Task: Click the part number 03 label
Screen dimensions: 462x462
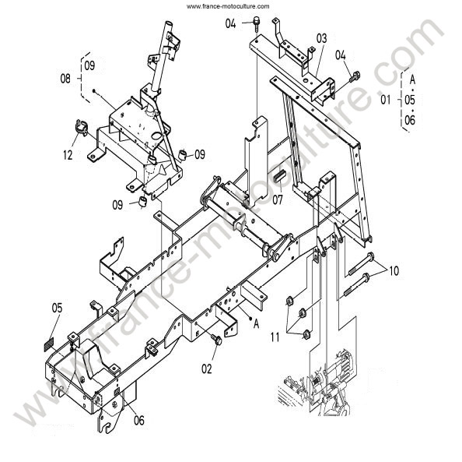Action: click(x=321, y=38)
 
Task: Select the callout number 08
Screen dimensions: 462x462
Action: click(x=65, y=79)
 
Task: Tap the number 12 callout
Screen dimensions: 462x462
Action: click(x=68, y=155)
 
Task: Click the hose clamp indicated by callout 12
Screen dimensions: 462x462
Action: click(x=82, y=128)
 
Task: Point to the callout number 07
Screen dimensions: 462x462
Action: click(x=277, y=200)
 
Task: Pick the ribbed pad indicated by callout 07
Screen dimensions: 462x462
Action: click(x=279, y=176)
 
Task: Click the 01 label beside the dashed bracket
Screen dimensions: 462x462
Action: click(x=386, y=100)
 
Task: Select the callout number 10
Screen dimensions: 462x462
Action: click(x=394, y=270)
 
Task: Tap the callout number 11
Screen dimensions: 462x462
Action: click(x=275, y=337)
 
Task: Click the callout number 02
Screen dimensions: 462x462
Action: click(x=207, y=369)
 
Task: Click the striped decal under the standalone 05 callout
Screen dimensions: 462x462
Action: click(x=49, y=345)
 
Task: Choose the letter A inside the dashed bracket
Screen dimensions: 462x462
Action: click(x=412, y=79)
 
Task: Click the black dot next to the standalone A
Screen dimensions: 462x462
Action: click(x=250, y=318)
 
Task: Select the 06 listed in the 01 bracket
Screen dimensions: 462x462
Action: click(x=410, y=120)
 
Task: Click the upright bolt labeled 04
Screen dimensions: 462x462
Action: click(x=257, y=23)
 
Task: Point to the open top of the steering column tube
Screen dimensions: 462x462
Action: click(x=168, y=23)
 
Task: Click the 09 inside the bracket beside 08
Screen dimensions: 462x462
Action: click(x=89, y=65)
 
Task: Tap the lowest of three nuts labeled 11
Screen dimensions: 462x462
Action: click(x=306, y=334)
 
